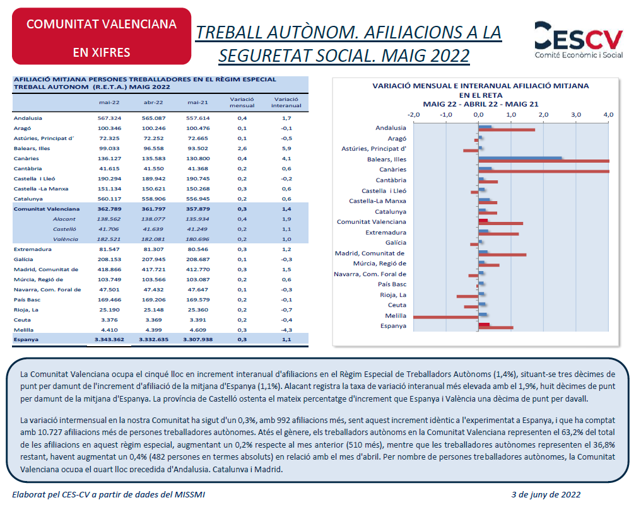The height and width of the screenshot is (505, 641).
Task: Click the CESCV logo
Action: click(x=579, y=40)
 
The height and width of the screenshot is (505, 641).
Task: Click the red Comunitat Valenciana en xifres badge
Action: click(x=102, y=37)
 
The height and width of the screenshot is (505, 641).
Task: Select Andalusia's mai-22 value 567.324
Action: click(x=109, y=118)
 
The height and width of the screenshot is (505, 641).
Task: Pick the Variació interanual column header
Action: click(x=286, y=102)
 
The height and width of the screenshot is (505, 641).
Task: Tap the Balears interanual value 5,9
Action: click(x=286, y=148)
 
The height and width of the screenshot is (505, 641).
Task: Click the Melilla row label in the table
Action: click(x=24, y=330)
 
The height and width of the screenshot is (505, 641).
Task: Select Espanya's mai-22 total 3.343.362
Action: click(x=109, y=339)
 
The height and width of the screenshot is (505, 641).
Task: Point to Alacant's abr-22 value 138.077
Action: click(x=153, y=219)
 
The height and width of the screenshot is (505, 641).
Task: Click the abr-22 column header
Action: click(x=153, y=103)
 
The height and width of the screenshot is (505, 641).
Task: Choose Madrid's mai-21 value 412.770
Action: click(x=198, y=269)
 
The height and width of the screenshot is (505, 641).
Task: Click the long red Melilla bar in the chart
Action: click(x=445, y=317)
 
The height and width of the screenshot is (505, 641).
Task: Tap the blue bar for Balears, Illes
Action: click(x=520, y=158)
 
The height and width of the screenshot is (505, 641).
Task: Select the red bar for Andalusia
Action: click(x=507, y=130)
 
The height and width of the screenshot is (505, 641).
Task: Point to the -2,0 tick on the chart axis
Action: click(x=414, y=115)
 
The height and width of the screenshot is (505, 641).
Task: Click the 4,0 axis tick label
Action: click(x=608, y=115)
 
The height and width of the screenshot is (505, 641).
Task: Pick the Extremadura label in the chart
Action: click(x=386, y=233)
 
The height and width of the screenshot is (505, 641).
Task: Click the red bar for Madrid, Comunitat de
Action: click(x=502, y=255)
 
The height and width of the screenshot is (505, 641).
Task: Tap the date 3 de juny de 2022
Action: click(x=546, y=495)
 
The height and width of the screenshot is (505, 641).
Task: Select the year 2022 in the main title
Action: click(x=446, y=55)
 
